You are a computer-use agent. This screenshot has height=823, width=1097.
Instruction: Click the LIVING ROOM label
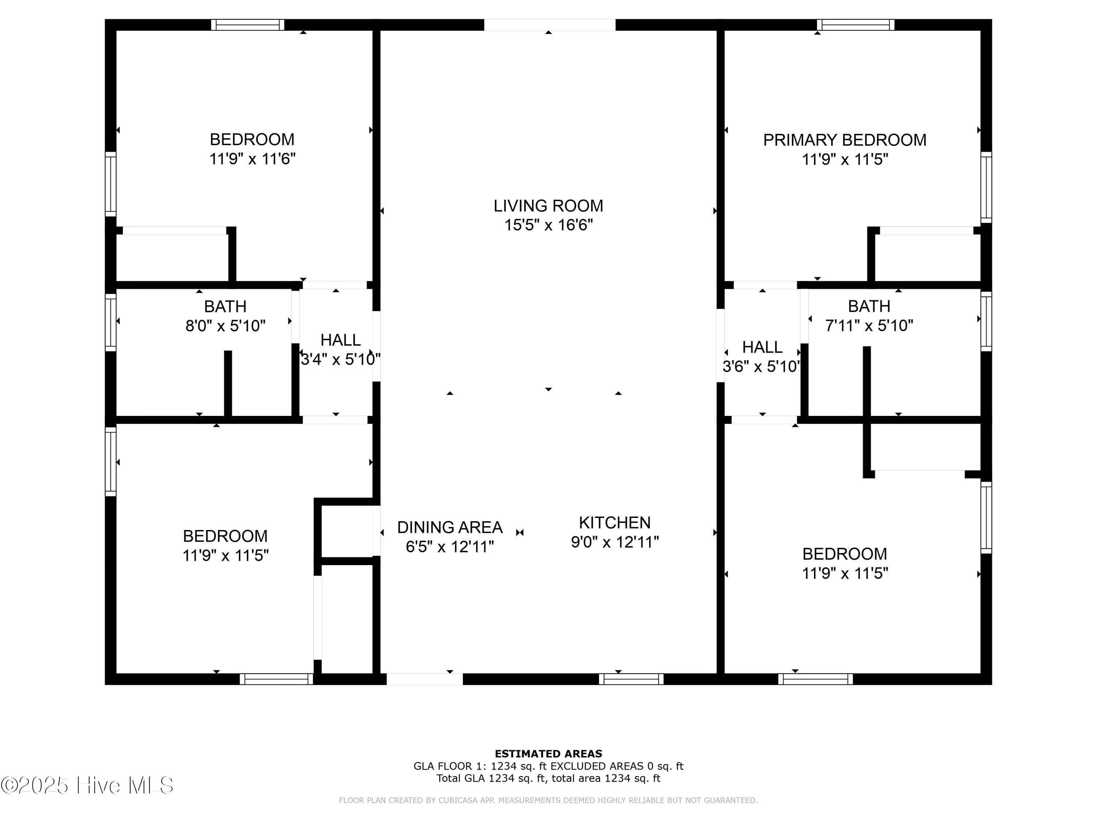(548, 205)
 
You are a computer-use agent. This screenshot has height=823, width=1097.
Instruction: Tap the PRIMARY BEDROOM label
(845, 140)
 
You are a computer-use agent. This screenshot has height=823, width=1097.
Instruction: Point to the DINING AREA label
(450, 527)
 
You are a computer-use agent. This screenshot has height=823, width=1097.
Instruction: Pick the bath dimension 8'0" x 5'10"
(225, 326)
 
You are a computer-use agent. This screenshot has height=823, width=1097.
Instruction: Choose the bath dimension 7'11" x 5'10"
(869, 326)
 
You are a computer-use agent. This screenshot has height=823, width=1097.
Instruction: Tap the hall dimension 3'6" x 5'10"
(761, 367)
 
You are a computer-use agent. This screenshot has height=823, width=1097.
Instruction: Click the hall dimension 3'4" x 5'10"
(340, 359)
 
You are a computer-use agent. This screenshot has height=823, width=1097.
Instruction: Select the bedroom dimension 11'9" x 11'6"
(252, 159)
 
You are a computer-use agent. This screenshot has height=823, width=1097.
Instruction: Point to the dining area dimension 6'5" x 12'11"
(450, 546)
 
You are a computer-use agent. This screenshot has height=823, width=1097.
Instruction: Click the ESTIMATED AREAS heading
(548, 754)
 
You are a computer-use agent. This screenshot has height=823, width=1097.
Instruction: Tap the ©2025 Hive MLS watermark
(87, 785)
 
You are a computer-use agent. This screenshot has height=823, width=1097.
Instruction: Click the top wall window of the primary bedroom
(856, 25)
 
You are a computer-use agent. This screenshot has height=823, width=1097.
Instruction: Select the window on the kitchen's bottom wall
(631, 679)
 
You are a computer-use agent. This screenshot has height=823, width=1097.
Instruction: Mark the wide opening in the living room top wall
(550, 25)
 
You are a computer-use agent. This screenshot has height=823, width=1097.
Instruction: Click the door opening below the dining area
(425, 679)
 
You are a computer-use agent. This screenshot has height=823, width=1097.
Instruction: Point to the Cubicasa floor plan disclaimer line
(548, 800)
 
